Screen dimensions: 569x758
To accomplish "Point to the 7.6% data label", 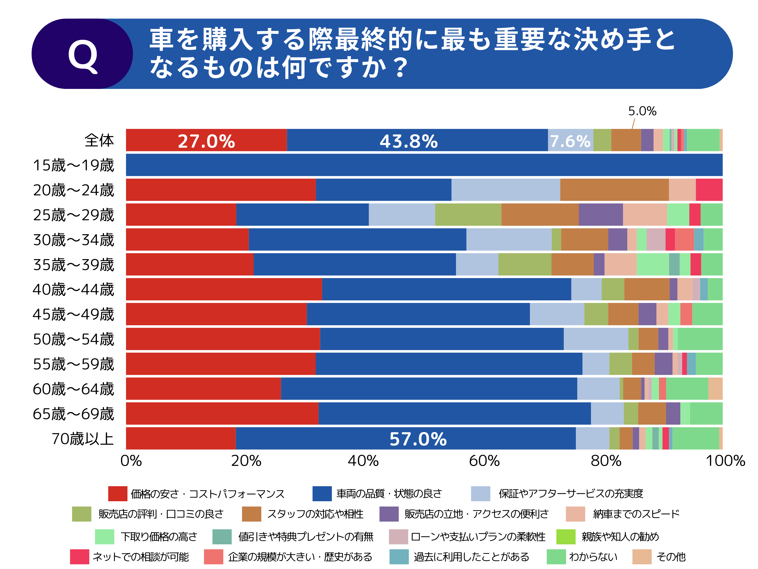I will [x=570, y=141].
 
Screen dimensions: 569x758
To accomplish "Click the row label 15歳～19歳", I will [x=73, y=165].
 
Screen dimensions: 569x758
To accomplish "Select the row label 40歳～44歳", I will [x=73, y=289].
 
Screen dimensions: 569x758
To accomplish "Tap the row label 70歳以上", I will [x=83, y=439].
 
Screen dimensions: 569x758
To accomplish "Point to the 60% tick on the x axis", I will [x=484, y=461].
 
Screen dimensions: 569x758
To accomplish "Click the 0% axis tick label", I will [x=131, y=461].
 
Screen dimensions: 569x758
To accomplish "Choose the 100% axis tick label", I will [x=725, y=461].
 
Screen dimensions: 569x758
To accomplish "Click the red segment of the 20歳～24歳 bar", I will [x=221, y=190].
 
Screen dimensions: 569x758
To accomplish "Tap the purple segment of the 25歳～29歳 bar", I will [x=600, y=215].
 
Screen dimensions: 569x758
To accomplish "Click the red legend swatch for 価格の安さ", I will [x=117, y=494].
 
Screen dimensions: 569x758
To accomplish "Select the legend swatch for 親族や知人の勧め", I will [x=565, y=537].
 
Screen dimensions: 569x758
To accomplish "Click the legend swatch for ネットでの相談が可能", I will [x=80, y=557].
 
